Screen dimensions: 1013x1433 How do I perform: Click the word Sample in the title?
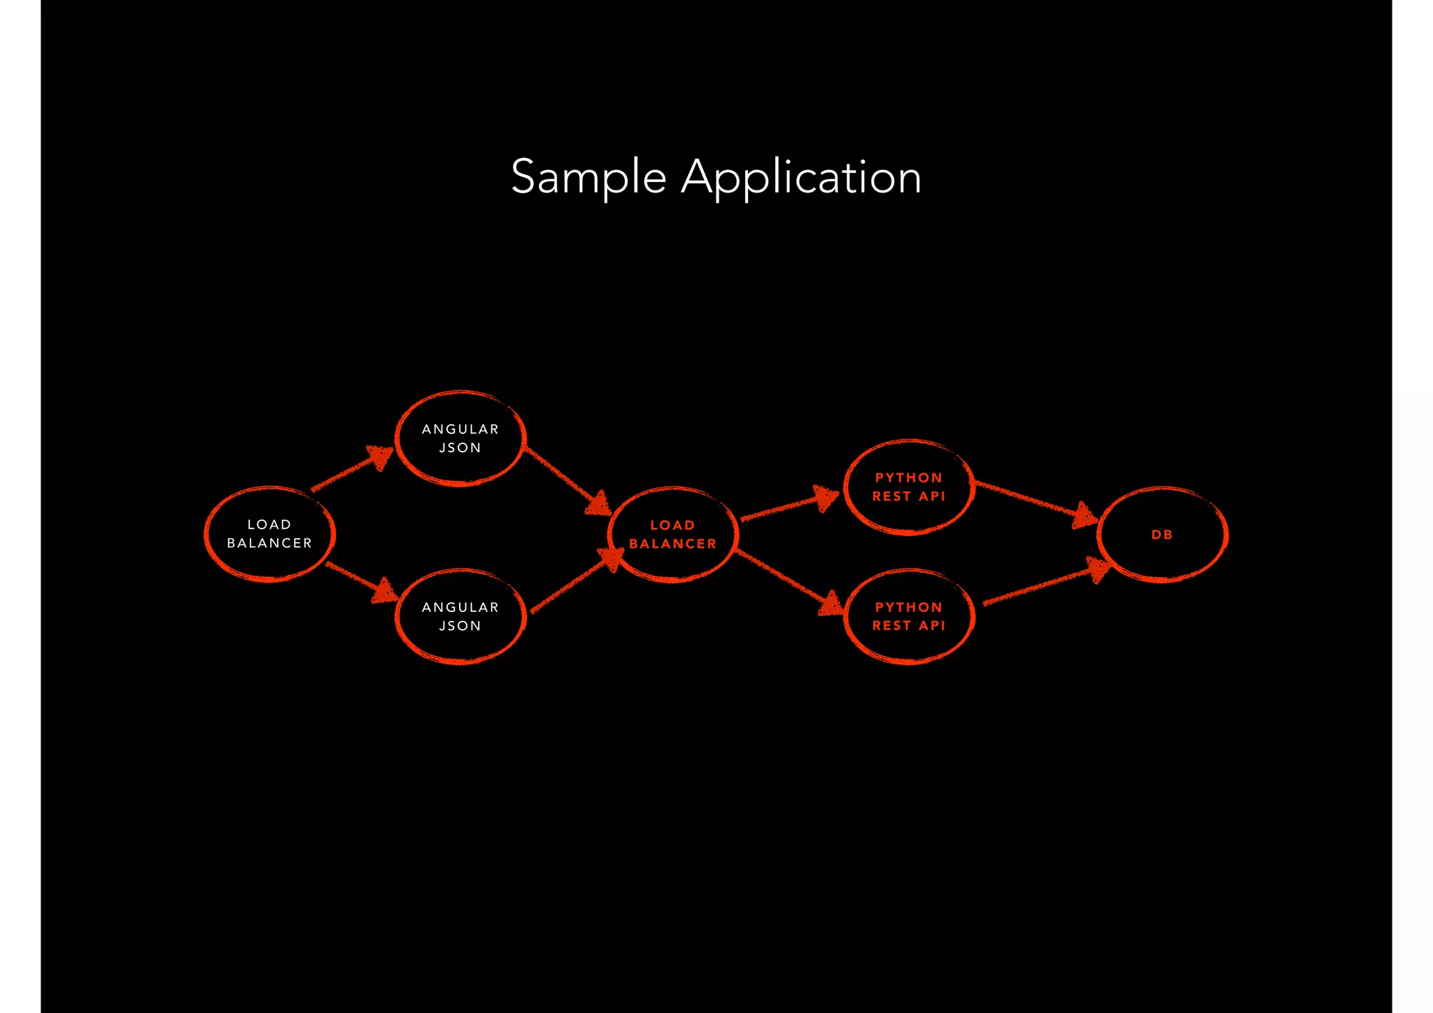point(588,176)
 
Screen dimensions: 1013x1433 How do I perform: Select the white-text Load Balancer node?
point(269,534)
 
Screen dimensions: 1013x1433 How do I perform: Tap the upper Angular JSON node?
point(460,438)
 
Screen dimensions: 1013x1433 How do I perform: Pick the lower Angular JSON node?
point(460,617)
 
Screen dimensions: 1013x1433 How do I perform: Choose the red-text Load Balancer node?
point(672,535)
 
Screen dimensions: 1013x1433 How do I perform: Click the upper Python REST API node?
point(909,487)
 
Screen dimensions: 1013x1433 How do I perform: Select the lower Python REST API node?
point(909,617)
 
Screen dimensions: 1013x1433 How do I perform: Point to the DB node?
point(1162,535)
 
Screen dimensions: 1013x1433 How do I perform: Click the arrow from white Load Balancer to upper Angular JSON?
point(352,469)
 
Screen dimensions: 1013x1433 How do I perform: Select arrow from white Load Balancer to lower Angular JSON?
point(361,580)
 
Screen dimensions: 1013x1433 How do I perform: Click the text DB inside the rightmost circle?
point(1162,535)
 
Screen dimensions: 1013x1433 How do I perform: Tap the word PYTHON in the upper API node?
point(908,478)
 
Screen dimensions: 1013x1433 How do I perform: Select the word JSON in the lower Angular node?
point(460,626)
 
